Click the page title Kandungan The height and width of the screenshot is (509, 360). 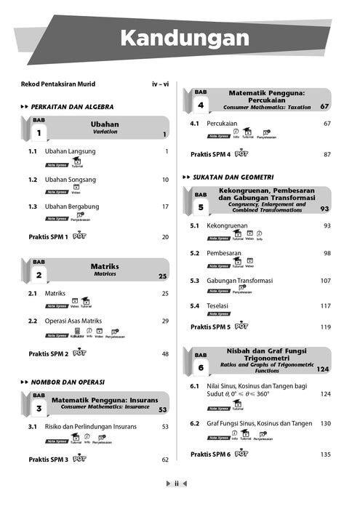point(179,37)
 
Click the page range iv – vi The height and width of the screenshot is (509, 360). point(160,84)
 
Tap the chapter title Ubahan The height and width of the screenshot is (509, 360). point(105,124)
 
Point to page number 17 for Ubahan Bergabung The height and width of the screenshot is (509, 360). point(165,207)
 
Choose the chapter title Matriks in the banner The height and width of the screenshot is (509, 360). point(105,266)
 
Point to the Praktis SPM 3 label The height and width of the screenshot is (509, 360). point(48,460)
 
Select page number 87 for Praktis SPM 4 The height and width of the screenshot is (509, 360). point(327,154)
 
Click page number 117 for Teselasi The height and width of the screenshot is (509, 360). point(326,306)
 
